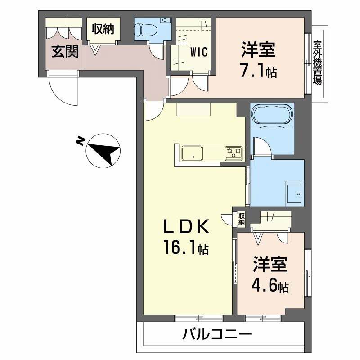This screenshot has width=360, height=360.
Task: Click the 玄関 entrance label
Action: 64,52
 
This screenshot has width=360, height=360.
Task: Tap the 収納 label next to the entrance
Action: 103,30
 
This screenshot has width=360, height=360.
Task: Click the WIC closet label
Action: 198,52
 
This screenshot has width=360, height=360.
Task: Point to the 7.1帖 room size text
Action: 258,72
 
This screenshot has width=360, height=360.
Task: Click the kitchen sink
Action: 192,153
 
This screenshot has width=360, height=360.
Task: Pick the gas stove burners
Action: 234,153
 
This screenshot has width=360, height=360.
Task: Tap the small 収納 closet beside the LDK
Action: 242,218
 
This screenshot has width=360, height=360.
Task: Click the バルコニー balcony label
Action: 217,335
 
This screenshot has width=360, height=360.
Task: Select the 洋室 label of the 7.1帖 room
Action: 258,50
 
